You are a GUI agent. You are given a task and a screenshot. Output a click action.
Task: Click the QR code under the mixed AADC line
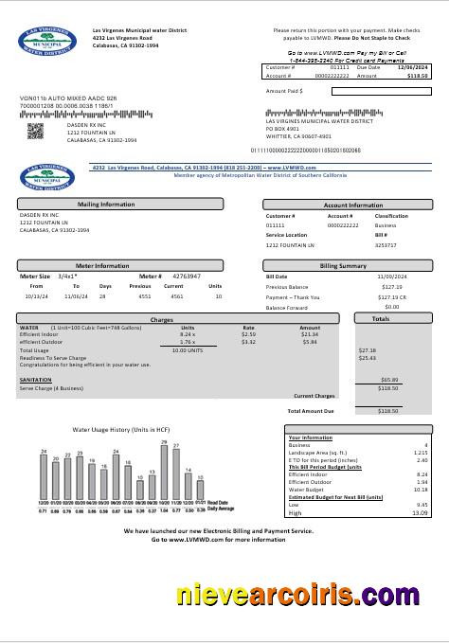35,131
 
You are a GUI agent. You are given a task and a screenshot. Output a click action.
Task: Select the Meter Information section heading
104,266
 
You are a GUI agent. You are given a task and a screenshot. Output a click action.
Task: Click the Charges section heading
162,319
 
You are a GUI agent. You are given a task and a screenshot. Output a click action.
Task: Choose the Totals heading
380,319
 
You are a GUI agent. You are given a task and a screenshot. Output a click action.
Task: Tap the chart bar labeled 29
164,472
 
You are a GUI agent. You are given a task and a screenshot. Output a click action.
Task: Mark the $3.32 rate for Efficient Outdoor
248,342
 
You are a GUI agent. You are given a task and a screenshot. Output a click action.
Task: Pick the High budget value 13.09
421,512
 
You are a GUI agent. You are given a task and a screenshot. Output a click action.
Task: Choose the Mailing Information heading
105,204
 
